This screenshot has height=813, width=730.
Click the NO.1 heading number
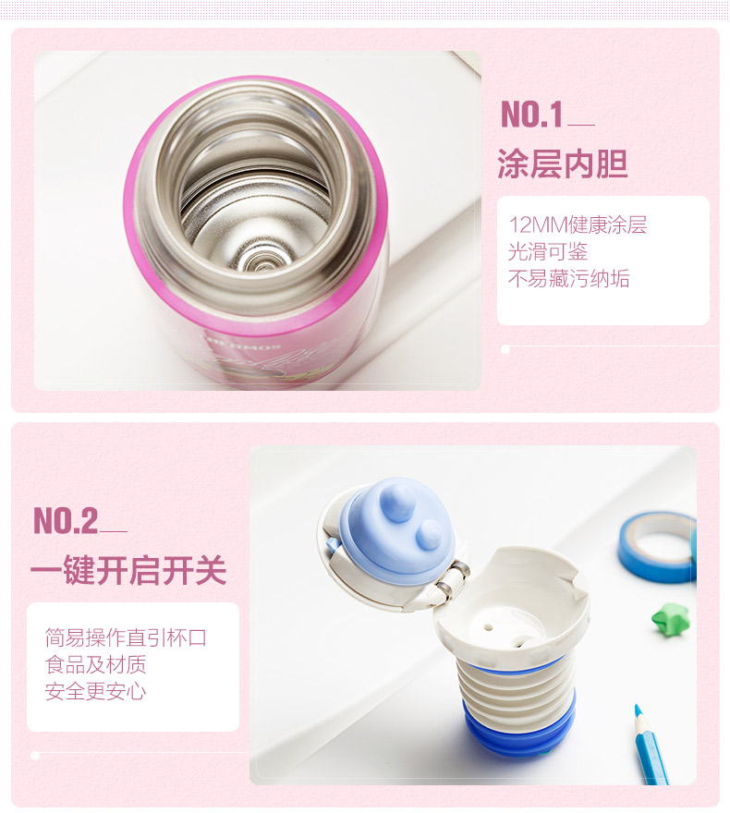click(531, 114)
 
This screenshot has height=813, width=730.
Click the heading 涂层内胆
click(563, 164)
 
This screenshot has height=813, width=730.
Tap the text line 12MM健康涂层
click(578, 225)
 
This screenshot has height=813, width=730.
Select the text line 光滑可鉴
click(547, 252)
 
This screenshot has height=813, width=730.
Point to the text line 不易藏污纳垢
click(569, 279)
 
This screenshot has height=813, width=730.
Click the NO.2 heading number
click(66, 520)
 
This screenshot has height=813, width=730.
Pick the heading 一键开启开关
click(128, 570)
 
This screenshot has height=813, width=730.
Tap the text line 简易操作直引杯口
click(126, 637)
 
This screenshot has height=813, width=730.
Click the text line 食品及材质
click(95, 664)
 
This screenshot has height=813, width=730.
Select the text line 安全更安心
click(95, 692)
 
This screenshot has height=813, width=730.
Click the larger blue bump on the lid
click(397, 502)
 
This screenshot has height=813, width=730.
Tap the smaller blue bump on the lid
click(430, 535)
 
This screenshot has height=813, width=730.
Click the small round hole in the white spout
click(487, 627)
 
